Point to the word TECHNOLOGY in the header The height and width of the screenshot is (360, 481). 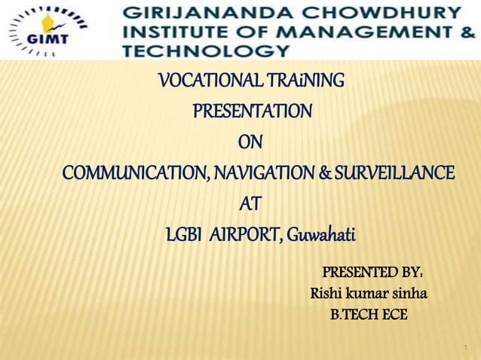pos(204,51)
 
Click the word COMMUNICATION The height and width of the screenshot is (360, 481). pos(134,173)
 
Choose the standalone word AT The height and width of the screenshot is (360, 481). pos(250,203)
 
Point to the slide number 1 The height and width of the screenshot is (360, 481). pos(466,348)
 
